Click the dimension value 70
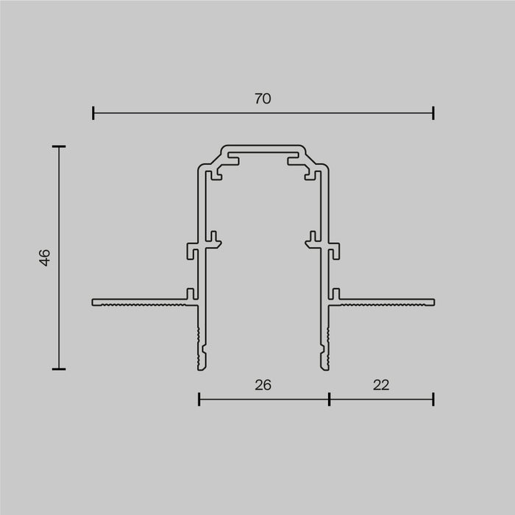(x=263, y=99)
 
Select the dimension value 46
(x=45, y=257)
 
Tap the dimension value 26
(x=263, y=385)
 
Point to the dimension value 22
(x=380, y=385)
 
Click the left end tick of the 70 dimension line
(x=93, y=113)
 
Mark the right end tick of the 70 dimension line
(x=433, y=113)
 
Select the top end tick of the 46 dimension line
(x=59, y=147)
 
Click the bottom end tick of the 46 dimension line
(x=59, y=369)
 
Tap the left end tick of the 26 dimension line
(x=199, y=399)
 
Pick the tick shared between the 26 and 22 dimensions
(x=329, y=399)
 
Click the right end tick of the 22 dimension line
(x=433, y=399)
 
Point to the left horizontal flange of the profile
(x=140, y=302)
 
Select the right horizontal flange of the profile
(x=386, y=302)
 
